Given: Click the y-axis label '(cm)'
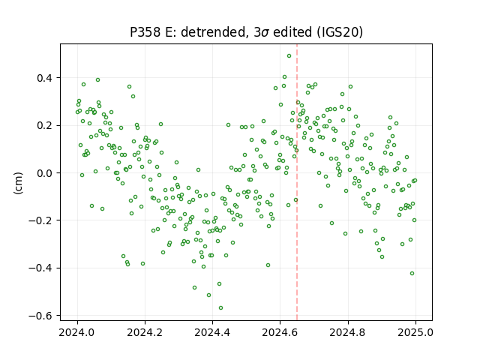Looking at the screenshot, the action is point(18,183).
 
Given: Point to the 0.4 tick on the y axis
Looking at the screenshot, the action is point(45,78).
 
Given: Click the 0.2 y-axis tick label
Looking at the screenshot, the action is point(45,125).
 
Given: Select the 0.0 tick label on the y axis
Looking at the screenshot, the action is point(45,173).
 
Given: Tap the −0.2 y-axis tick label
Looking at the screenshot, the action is point(41,220).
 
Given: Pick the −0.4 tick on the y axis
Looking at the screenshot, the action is point(41,268).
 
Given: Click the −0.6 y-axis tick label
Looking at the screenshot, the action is point(41,316).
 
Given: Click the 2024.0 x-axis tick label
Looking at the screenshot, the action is point(77,332).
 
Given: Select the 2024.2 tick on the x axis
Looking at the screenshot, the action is point(145,332).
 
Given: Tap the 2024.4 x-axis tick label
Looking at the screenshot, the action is point(212,332).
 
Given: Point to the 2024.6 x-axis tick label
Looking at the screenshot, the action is point(280,332).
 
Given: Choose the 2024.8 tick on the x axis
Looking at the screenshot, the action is point(348,332).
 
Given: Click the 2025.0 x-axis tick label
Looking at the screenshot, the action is point(415,332).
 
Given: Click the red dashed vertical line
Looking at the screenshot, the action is point(297,182).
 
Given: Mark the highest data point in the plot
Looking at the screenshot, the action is point(289,56).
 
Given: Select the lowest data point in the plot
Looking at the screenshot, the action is point(220,308).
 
